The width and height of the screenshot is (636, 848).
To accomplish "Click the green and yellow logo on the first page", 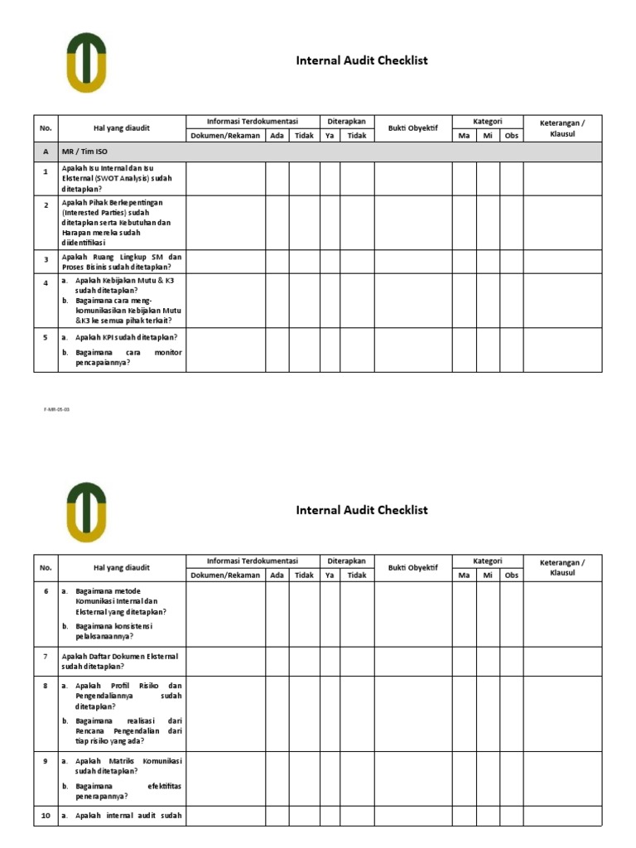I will click(86, 62).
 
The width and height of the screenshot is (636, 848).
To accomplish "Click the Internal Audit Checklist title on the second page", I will click(362, 510).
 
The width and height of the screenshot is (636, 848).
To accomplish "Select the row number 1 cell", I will click(46, 171).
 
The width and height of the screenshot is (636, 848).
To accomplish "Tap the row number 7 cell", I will click(46, 656).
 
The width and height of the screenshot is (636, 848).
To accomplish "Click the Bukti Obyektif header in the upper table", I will click(412, 128).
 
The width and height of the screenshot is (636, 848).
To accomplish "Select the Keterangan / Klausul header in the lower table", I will click(561, 567).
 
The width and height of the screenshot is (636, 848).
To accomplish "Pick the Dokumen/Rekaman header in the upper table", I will click(225, 135).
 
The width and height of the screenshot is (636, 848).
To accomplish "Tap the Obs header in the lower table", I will click(511, 575).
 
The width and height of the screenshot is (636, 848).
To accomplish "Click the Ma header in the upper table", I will click(464, 135).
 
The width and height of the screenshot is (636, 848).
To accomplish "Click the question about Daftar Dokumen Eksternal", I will click(121, 661).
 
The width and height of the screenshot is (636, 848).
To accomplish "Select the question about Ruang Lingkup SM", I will click(121, 262).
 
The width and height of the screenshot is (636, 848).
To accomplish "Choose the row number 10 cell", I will click(46, 817).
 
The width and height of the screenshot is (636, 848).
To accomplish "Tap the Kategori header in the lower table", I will click(487, 561).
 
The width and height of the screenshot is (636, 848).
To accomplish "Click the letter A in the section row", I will click(46, 152).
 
